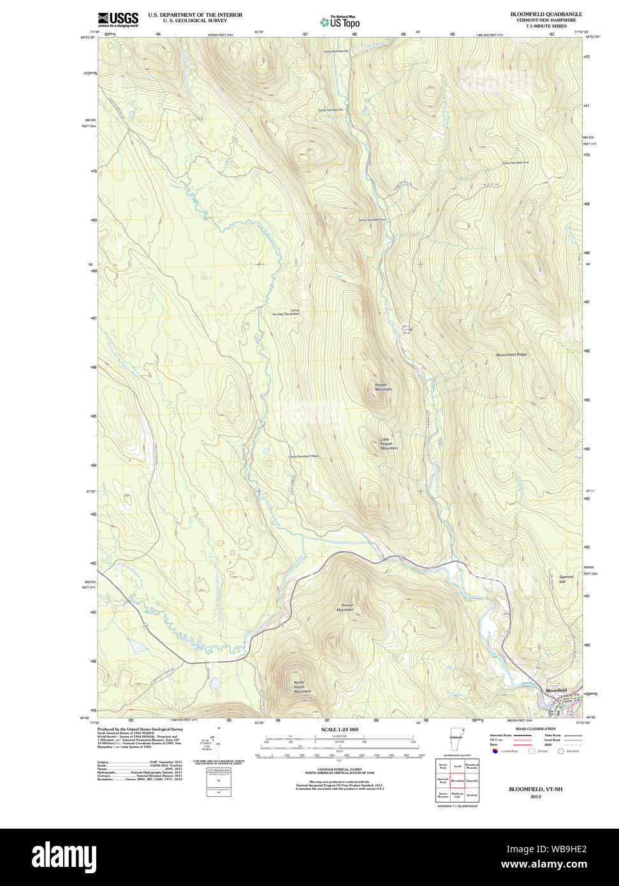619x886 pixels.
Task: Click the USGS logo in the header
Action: pos(118,20)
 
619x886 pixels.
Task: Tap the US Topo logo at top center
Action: pos(340,22)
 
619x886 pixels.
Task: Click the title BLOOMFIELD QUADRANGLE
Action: pos(546,14)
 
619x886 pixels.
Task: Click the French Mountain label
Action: pos(346,607)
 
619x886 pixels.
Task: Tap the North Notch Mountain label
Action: pos(302,687)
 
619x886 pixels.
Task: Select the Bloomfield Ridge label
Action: pos(511,354)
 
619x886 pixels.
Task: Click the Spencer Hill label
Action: pos(565,579)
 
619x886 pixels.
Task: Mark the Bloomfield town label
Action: pos(556,690)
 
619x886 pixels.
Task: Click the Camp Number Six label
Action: pos(331,110)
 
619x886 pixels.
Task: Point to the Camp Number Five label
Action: pos(515,163)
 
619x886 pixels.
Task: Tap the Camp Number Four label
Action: pos(372,220)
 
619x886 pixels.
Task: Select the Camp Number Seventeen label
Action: pos(286,312)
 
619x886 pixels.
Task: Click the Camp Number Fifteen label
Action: pos(303,456)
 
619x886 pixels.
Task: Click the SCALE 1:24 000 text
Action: pos(339,729)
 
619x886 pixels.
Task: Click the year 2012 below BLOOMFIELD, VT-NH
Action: pos(535,796)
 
